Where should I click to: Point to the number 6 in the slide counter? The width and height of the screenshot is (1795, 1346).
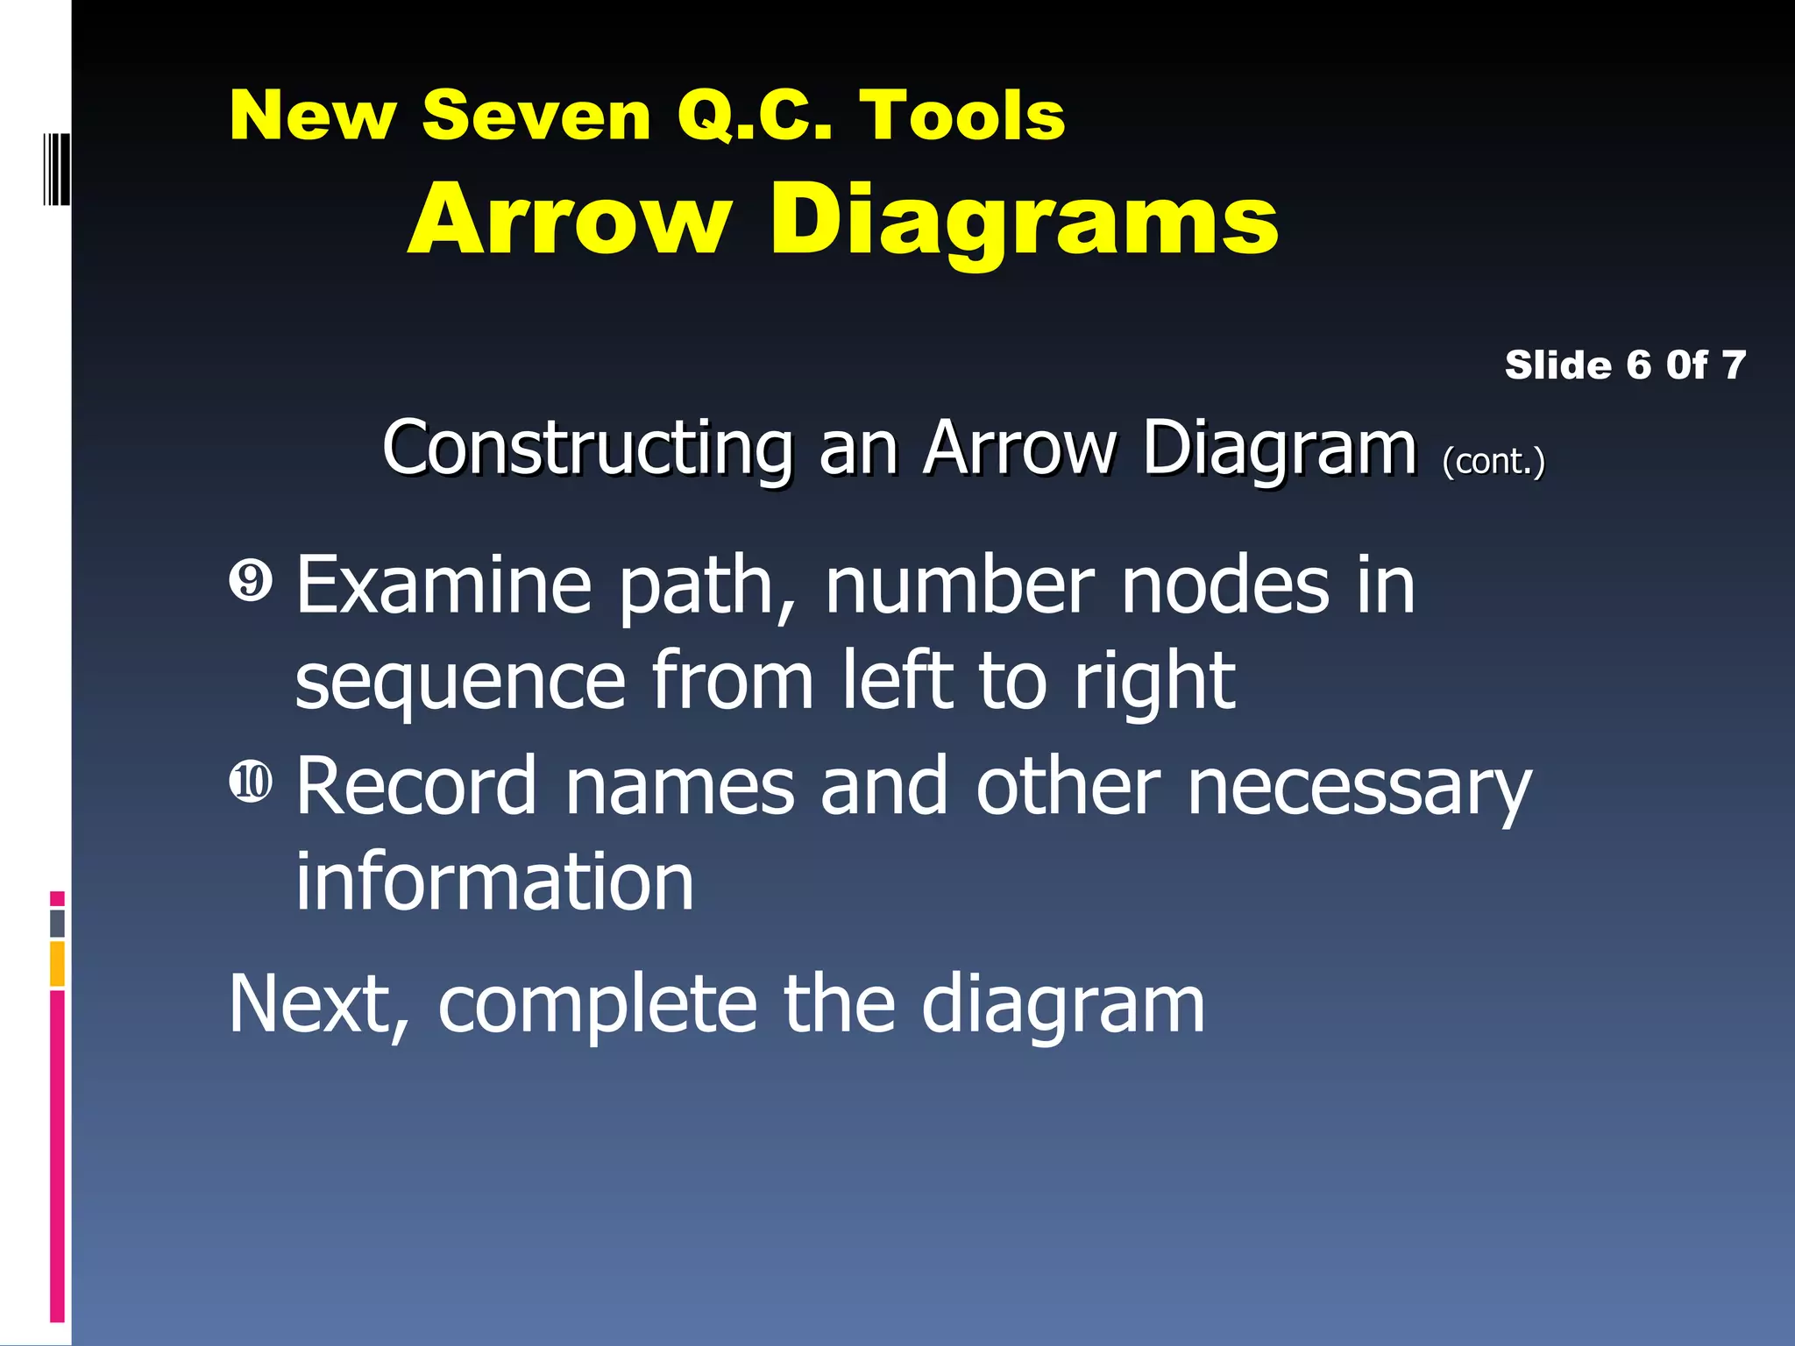[1638, 365]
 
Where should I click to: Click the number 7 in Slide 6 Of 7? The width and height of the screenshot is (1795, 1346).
[1734, 365]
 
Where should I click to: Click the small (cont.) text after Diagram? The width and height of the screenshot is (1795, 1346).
[1493, 461]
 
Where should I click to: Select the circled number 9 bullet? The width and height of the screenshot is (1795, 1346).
[252, 581]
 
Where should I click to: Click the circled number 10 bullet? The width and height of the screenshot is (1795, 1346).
[252, 781]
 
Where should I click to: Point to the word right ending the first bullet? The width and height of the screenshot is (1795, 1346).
[1154, 683]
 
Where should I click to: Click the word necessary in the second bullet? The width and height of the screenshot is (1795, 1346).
[1359, 786]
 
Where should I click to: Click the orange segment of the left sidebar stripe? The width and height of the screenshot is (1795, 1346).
[57, 964]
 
